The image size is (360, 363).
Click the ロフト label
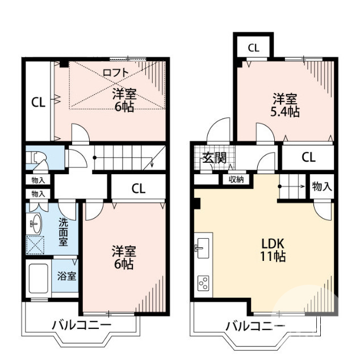pos(116,72)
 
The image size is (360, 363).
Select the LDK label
pos(273,243)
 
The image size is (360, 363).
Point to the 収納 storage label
pos(236,180)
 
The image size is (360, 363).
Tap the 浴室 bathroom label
pos(67,276)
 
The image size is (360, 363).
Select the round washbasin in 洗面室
pos(35,223)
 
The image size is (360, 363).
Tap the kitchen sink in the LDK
pos(202,248)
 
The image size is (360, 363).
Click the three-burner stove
pos(203,282)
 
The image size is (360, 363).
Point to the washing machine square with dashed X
pos(37,246)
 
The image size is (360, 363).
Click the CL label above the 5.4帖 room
pos(254,48)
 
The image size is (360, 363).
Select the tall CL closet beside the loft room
pos(38,103)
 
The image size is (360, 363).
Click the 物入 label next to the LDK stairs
pos(321,186)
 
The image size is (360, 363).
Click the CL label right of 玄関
pos(308,158)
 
